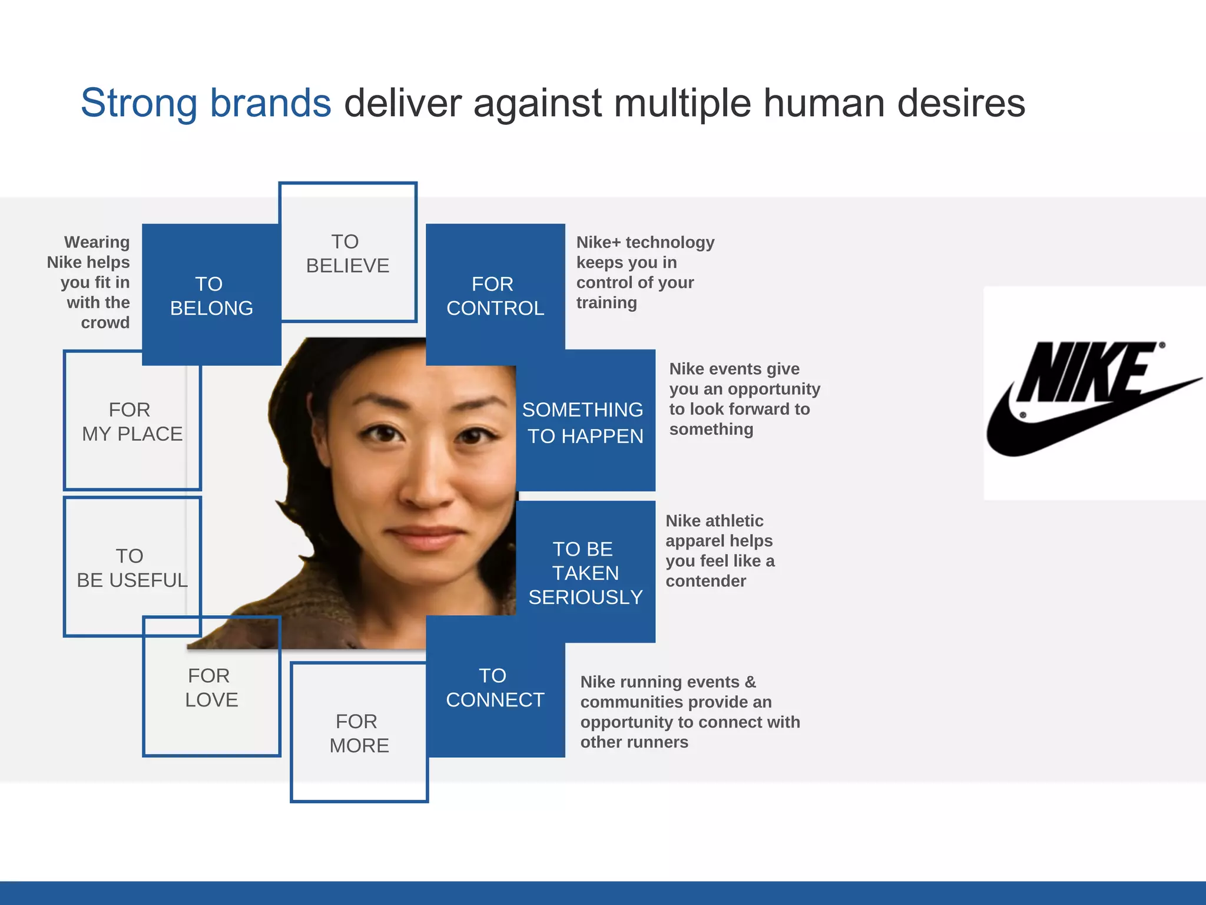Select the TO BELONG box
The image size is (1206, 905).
[x=211, y=295]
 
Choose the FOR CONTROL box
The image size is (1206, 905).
[x=495, y=295]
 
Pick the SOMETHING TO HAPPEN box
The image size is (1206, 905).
[x=585, y=422]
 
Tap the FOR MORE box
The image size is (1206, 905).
[x=359, y=733]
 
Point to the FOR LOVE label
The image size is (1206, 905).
[x=211, y=687]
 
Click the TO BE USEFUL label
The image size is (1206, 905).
[x=132, y=567]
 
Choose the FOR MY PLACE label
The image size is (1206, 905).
[x=132, y=421]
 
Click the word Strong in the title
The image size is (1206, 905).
[x=139, y=103]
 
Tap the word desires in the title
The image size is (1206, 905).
[x=961, y=103]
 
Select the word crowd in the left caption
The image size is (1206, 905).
[x=105, y=323]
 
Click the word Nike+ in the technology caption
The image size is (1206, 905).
[x=598, y=242]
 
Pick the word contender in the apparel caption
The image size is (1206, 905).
[x=705, y=581]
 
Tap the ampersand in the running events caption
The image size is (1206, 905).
[x=750, y=682]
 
